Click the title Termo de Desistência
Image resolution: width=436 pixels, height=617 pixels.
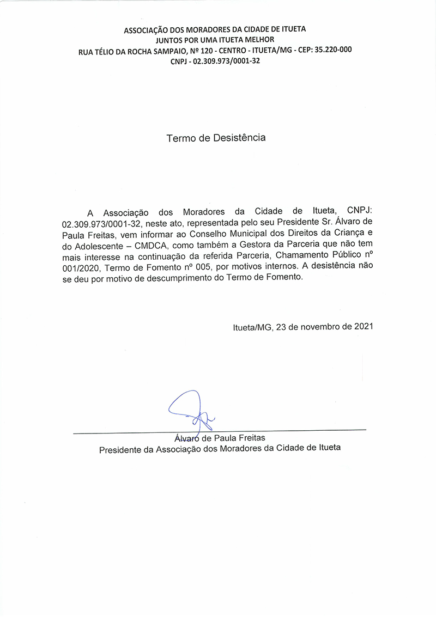[216, 138]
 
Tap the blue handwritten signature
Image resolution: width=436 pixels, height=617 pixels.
[191, 411]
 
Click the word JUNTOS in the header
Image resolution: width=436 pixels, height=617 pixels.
[171, 40]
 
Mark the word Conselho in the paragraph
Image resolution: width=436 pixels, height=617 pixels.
[216, 235]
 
